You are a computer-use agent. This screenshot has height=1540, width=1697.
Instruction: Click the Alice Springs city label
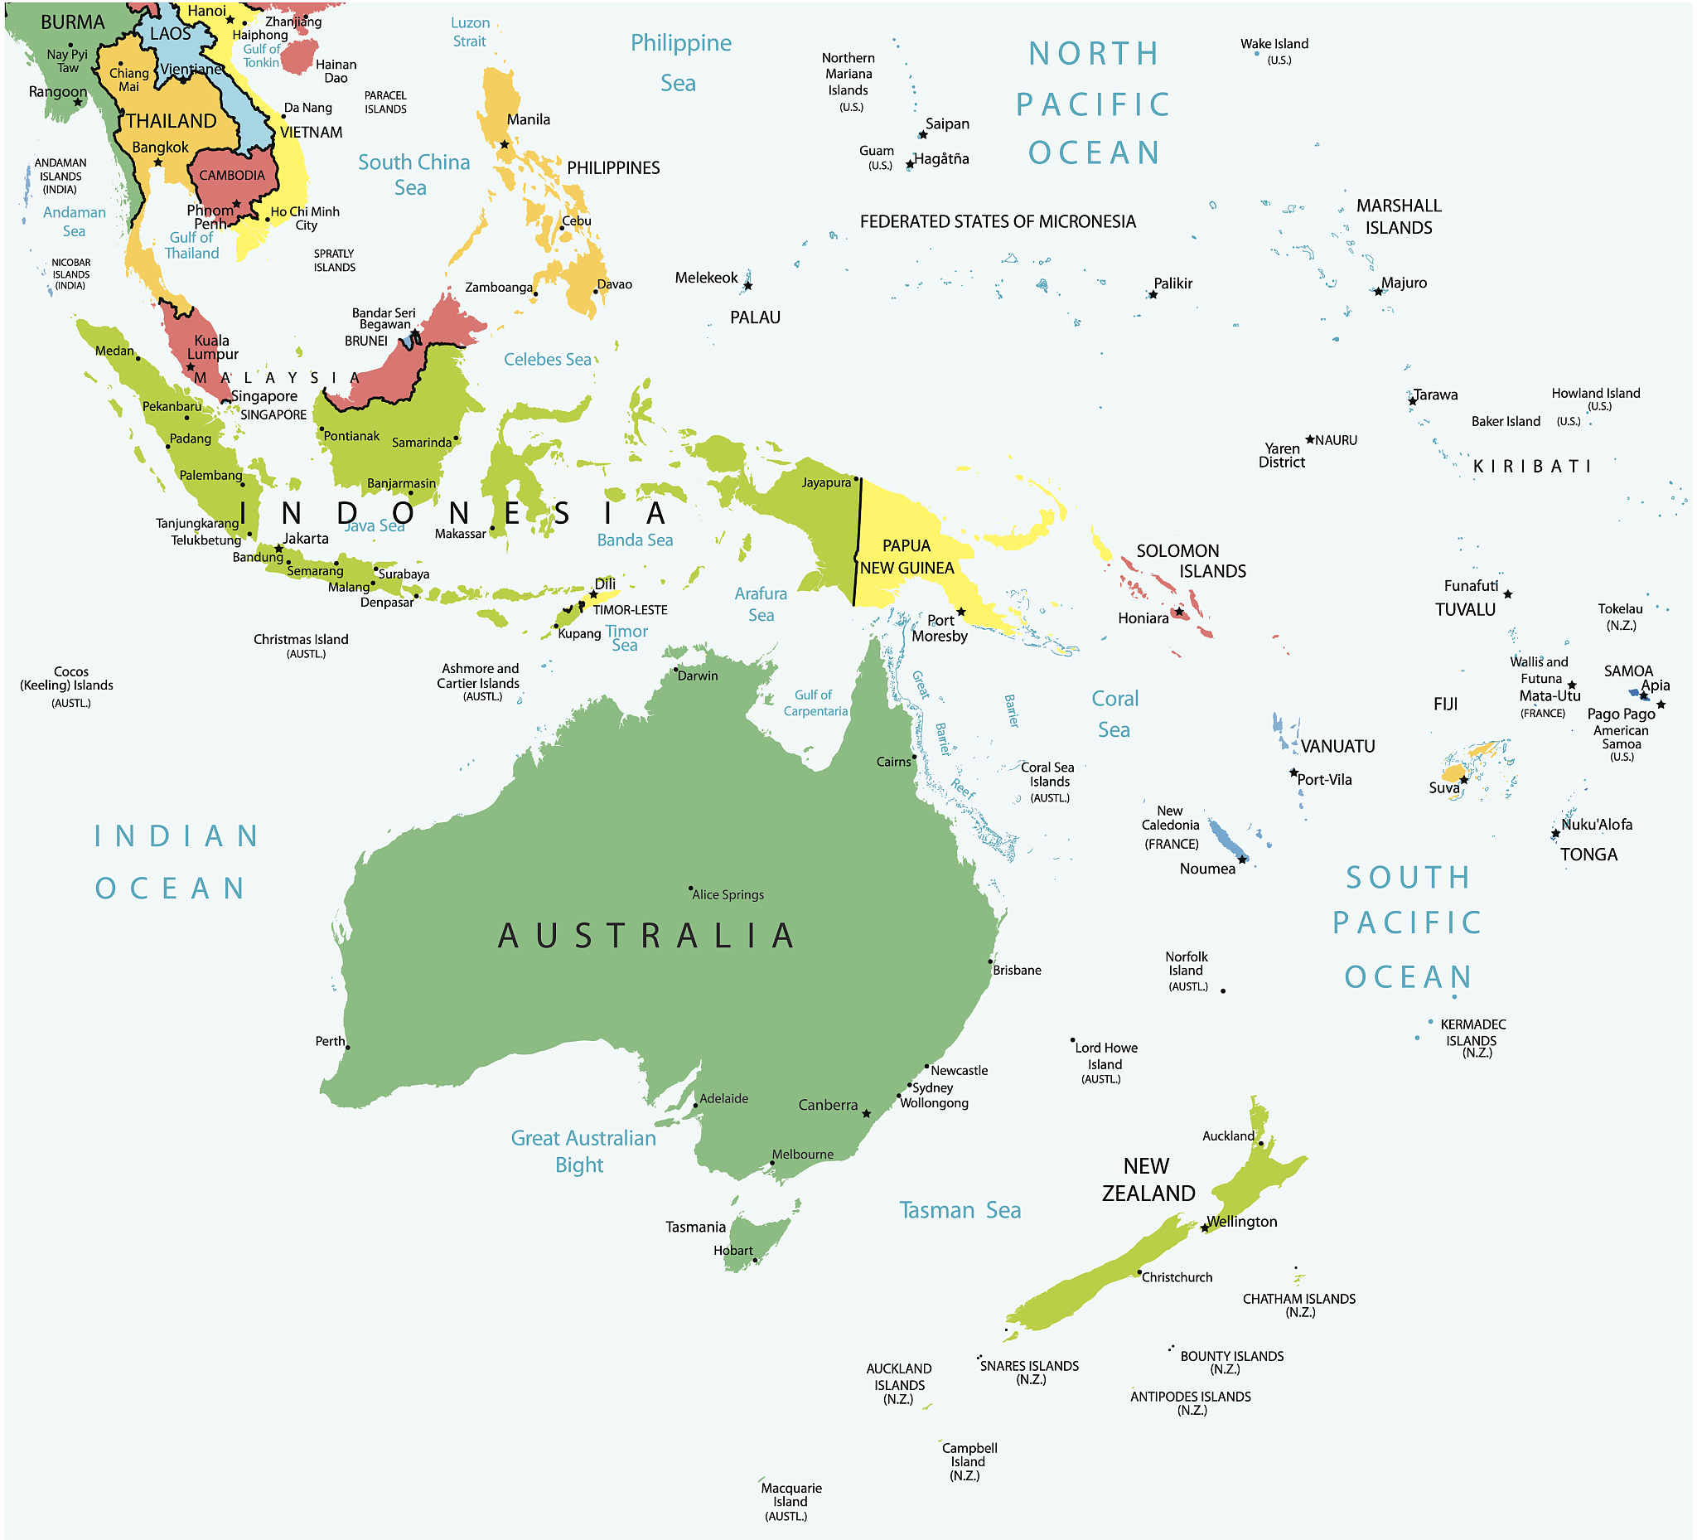coord(728,894)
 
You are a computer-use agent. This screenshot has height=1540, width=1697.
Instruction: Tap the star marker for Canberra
coord(866,1113)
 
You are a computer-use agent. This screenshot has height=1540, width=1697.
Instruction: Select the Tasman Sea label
coord(960,1210)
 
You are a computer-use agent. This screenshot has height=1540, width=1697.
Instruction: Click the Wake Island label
coord(1274,44)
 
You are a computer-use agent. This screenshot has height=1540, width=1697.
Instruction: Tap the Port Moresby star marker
coord(960,612)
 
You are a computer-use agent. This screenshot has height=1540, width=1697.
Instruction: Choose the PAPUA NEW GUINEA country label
coord(907,556)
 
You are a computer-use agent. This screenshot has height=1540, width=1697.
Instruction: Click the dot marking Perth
coord(348,1047)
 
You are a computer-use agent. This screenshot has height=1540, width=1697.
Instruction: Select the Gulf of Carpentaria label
coord(815,702)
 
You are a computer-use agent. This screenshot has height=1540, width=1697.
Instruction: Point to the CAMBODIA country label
coord(231,175)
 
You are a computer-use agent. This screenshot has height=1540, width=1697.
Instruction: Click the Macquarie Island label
coord(790,1494)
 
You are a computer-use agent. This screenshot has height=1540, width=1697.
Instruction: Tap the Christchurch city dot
coord(1139,1272)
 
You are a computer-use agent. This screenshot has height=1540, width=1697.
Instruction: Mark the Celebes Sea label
coord(547,360)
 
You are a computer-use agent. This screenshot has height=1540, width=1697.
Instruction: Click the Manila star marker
coord(505,145)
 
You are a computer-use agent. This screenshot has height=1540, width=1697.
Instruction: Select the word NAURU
coord(1336,440)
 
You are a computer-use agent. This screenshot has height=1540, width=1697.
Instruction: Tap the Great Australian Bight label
coord(583,1151)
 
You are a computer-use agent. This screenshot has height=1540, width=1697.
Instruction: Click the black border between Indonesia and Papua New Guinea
coord(858,539)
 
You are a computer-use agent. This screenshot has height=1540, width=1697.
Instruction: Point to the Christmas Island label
coord(301,639)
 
